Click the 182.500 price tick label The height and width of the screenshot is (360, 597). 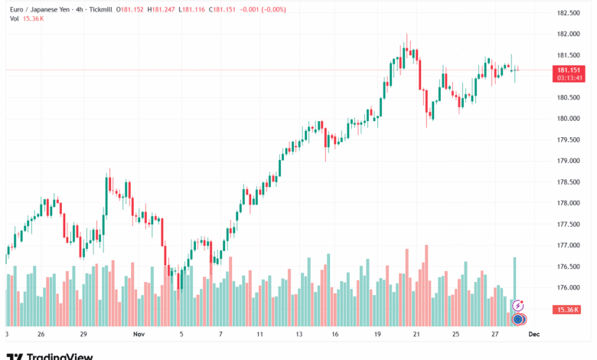(x=566, y=13)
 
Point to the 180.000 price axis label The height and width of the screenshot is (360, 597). (x=566, y=119)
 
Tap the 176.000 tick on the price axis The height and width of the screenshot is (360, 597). (x=566, y=288)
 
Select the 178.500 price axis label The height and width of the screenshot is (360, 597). (x=566, y=182)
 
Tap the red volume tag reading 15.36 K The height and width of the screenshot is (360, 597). (x=567, y=309)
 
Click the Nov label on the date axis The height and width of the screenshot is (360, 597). (x=139, y=335)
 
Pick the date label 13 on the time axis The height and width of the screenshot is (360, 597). (x=299, y=335)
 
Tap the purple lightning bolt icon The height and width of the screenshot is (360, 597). (x=517, y=306)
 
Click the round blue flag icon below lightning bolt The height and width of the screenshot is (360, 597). (x=517, y=319)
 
